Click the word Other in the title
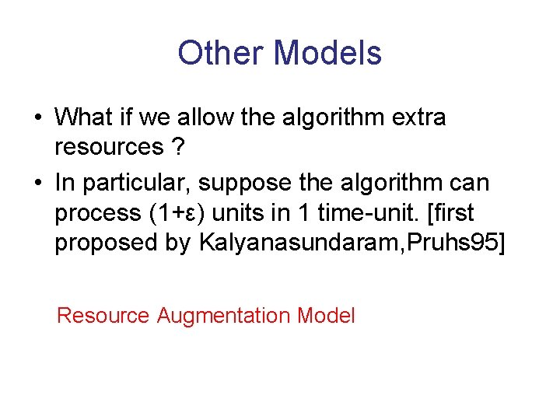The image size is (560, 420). (220, 54)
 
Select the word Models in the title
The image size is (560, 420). (327, 54)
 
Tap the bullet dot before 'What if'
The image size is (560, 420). (37, 117)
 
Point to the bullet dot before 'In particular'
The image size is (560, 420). (37, 183)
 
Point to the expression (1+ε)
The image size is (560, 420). (181, 214)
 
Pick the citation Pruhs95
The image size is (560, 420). (460, 243)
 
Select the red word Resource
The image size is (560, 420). (103, 316)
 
